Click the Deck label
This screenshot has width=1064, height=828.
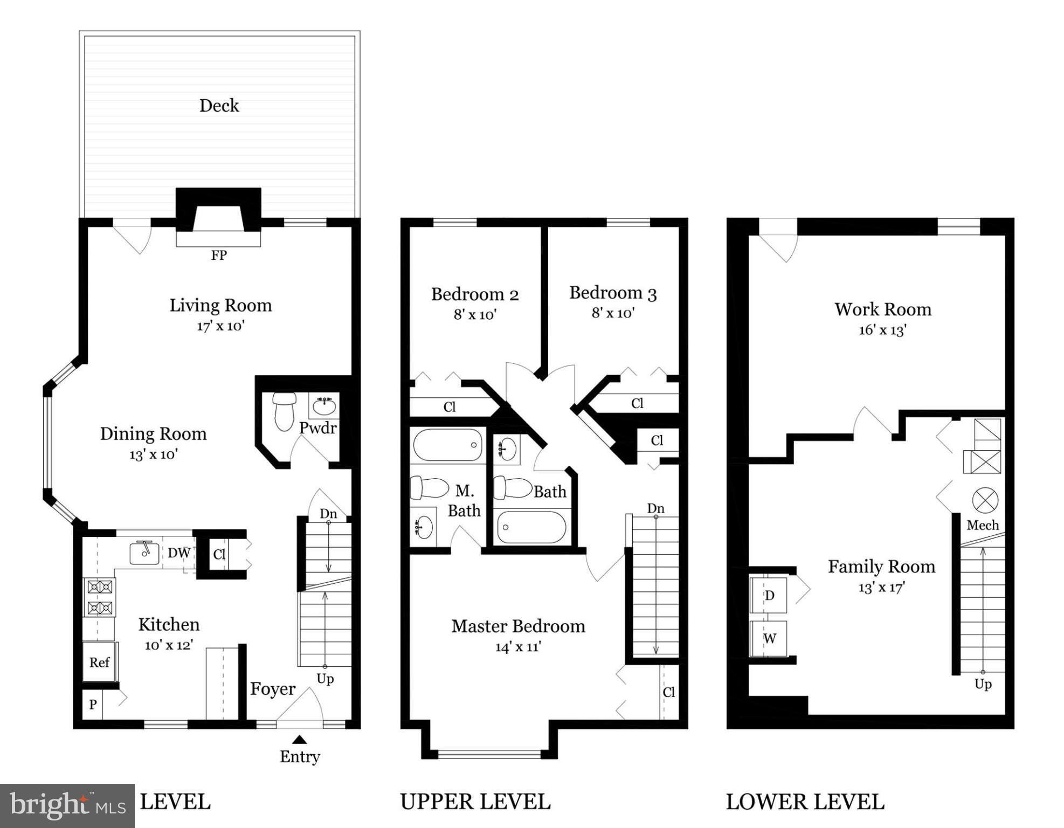click(x=219, y=106)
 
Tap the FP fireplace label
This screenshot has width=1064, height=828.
click(x=219, y=255)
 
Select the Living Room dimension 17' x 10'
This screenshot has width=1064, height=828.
click(x=220, y=326)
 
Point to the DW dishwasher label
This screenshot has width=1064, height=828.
click(x=179, y=553)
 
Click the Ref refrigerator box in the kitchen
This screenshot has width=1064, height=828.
click(x=100, y=663)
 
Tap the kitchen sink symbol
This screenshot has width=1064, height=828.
click(x=144, y=553)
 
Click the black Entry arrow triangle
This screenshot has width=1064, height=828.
click(x=299, y=740)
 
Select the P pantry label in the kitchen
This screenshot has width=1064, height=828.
click(x=93, y=705)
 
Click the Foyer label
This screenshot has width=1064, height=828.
click(x=273, y=689)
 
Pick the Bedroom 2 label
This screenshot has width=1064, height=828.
click(x=474, y=294)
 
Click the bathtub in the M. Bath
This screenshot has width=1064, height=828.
click(x=447, y=445)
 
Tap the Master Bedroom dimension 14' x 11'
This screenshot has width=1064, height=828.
click(x=518, y=646)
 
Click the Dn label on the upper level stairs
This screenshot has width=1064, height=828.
click(x=655, y=508)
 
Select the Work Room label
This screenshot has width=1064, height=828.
click(x=882, y=309)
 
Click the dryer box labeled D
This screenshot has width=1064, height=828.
click(x=769, y=596)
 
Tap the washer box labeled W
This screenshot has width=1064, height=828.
click(x=769, y=639)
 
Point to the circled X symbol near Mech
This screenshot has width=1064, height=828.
click(x=985, y=501)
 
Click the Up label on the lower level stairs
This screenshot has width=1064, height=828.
click(x=983, y=684)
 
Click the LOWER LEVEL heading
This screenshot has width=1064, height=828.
click(x=805, y=802)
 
